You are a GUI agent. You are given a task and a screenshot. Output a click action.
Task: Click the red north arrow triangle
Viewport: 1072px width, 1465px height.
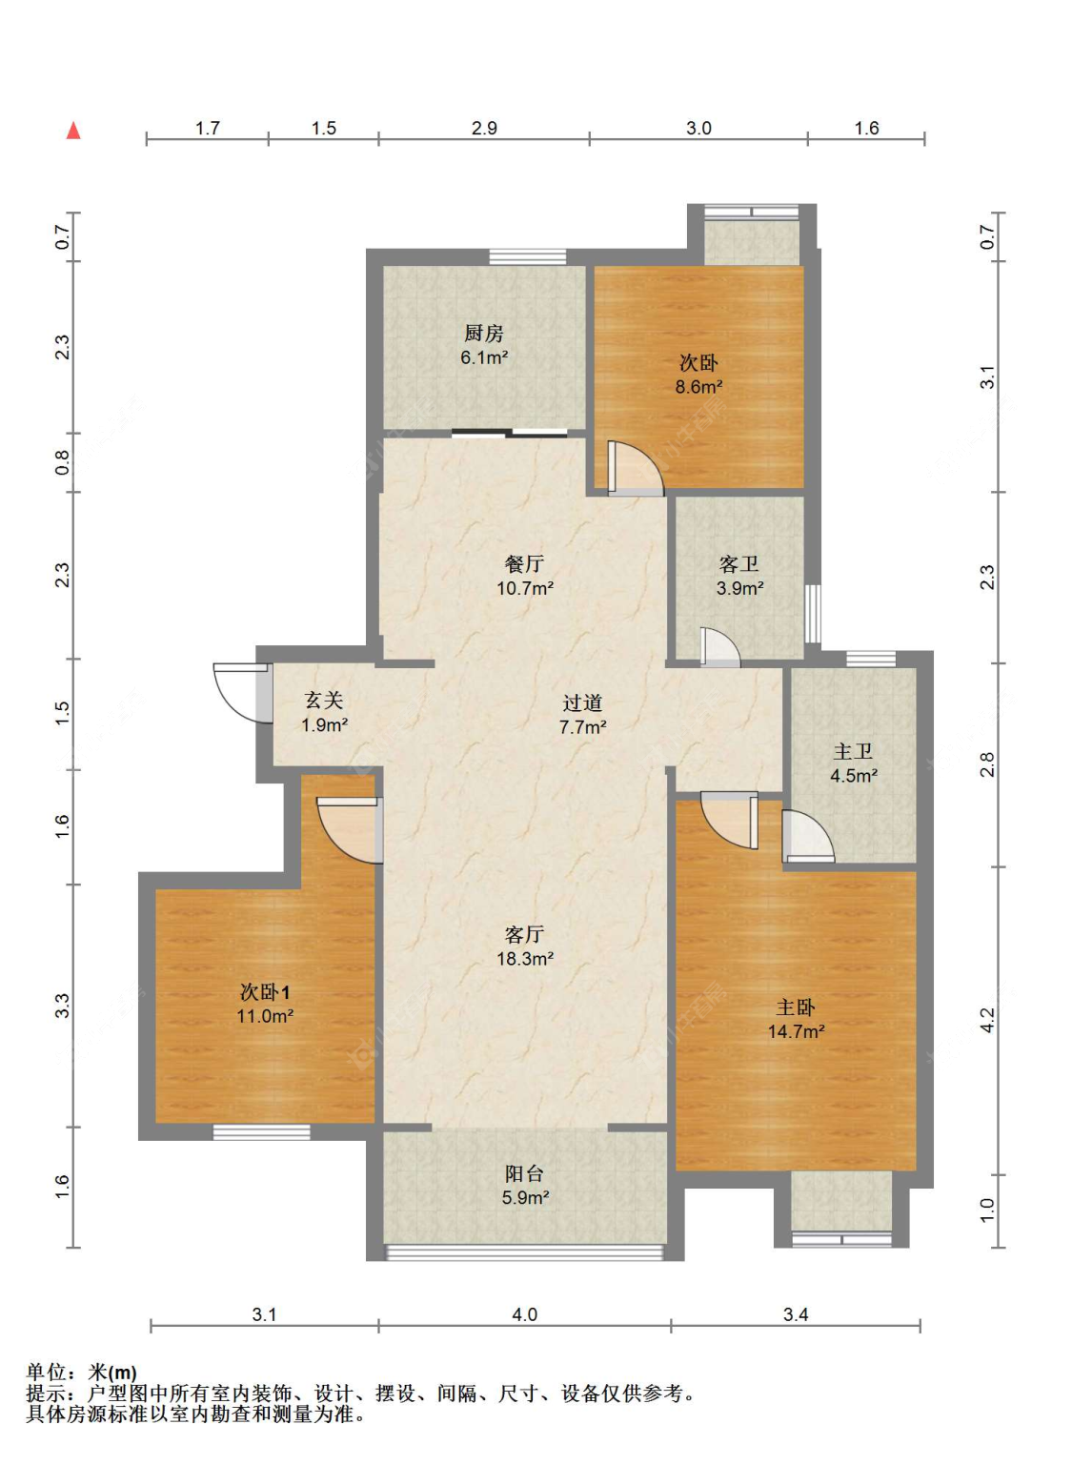tap(74, 131)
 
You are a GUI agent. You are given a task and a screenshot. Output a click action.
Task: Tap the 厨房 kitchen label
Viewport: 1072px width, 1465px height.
tap(484, 333)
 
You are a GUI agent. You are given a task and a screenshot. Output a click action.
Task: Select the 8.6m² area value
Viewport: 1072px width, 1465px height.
tap(698, 387)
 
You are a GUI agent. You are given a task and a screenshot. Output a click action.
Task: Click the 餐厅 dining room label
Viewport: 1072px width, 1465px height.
tap(524, 563)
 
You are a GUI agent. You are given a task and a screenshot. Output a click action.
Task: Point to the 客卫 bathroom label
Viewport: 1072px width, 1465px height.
tap(738, 563)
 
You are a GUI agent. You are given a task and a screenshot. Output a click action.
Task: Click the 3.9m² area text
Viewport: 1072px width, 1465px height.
tap(740, 588)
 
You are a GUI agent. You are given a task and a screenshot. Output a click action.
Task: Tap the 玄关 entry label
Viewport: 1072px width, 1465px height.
tap(324, 701)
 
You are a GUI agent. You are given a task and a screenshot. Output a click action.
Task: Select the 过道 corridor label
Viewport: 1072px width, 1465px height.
tap(582, 702)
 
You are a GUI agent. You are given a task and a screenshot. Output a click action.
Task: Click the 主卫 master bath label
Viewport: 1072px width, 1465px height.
tap(853, 751)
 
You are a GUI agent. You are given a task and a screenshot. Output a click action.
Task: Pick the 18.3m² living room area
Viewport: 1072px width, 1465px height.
tap(525, 959)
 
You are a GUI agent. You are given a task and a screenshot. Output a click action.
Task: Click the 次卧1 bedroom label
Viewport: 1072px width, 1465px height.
tap(265, 992)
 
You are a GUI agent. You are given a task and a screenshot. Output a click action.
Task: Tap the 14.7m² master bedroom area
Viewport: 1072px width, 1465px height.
tap(796, 1031)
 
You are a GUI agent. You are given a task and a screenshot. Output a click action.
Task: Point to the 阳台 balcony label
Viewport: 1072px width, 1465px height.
tap(524, 1173)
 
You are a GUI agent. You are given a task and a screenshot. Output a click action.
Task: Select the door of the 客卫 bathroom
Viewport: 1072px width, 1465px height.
tap(719, 647)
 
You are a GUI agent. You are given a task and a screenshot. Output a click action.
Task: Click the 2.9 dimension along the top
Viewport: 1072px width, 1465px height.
tap(484, 128)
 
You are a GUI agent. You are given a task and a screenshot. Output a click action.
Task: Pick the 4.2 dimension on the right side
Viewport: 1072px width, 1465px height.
tap(987, 1020)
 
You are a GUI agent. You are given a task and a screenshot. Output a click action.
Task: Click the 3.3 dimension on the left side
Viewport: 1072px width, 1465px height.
tap(61, 1006)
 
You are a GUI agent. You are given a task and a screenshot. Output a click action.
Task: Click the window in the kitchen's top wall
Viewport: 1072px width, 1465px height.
tap(528, 257)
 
